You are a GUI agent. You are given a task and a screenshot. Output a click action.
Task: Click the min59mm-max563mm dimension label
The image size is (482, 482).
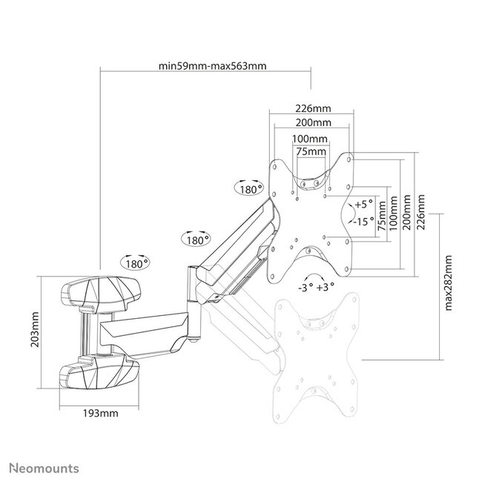212,65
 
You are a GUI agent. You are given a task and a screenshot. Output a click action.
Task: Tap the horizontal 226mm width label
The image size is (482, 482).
311,106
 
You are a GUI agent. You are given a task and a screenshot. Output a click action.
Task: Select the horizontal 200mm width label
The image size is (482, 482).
311,122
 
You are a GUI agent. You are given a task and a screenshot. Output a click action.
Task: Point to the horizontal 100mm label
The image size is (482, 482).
311,139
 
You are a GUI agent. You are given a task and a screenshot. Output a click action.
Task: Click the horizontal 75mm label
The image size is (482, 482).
311,151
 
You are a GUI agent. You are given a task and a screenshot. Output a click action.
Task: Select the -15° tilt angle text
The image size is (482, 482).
363,220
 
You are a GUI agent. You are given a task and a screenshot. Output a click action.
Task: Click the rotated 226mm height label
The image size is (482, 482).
420,213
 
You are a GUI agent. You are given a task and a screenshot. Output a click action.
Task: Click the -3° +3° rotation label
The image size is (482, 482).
316,285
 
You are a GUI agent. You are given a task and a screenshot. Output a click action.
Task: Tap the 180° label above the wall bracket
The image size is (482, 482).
136,263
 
